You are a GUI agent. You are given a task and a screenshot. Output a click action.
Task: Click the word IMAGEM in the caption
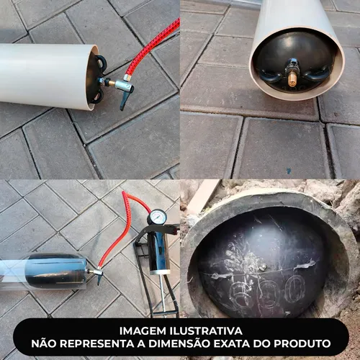pos(143,331)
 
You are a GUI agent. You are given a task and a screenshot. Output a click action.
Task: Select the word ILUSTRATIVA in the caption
pos(206,331)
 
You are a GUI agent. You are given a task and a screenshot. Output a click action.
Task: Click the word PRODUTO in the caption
pos(302,343)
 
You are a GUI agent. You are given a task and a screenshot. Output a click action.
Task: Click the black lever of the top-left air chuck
pos(126,99)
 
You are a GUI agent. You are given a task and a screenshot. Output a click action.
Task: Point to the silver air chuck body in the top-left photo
pos(123,85)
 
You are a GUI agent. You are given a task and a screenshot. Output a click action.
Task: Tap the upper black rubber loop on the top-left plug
pos(101,62)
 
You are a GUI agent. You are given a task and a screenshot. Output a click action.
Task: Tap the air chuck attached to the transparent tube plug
pos(96,274)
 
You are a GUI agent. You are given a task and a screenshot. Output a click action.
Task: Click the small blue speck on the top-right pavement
pos(289,171)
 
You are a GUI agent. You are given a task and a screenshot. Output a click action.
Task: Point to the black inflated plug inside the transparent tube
pos(55,271)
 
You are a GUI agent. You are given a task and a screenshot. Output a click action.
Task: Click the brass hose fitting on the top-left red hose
pos(127,78)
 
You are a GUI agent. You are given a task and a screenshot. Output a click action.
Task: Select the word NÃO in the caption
pos(44,343)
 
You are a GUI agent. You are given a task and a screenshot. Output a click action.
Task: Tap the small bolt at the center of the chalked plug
pos(264,266)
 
